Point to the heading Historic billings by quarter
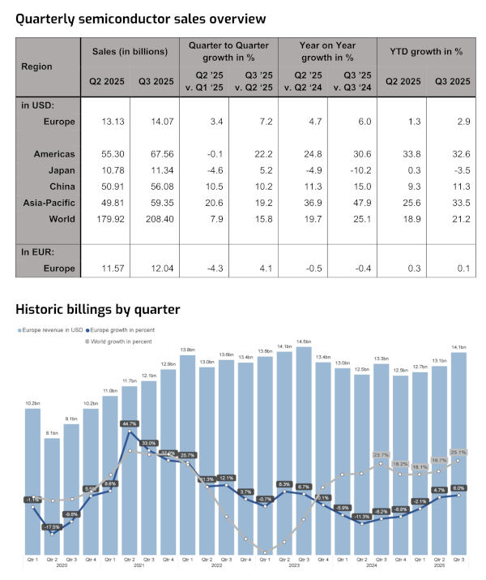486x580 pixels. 97,309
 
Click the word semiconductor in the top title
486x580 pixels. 151,17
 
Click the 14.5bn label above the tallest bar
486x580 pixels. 304,342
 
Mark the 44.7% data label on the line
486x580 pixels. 129,423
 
